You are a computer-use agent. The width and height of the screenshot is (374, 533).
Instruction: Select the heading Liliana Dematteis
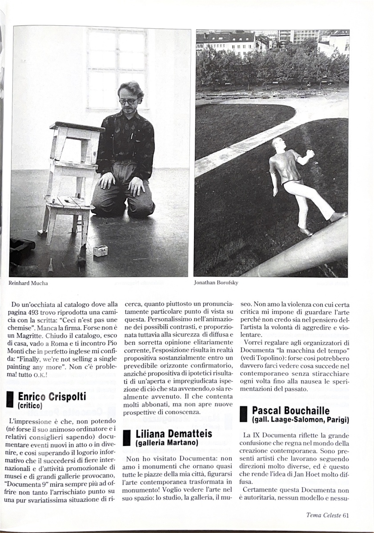pos(173,434)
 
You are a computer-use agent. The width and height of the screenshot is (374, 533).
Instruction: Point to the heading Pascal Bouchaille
pos(290,410)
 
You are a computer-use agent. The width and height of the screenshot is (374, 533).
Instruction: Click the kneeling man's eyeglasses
pos(128,101)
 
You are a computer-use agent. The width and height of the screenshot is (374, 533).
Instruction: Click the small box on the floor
pos(100,251)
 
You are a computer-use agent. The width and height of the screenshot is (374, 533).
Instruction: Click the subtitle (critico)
pos(30,406)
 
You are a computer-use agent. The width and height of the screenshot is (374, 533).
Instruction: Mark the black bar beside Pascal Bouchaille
pos(243,414)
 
